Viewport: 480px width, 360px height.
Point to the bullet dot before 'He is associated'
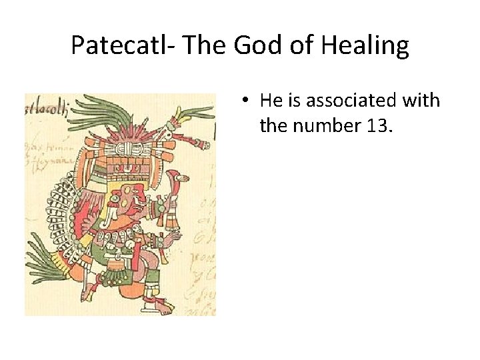tap(246, 101)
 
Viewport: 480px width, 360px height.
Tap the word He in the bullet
tap(271, 101)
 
